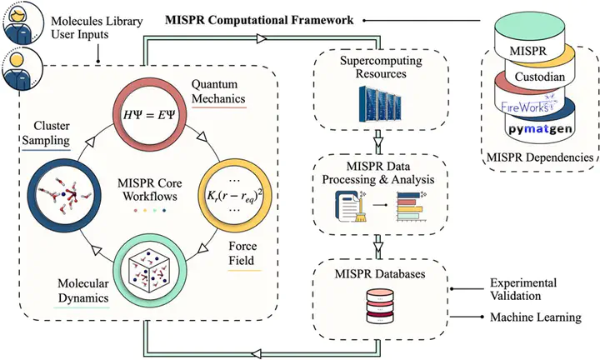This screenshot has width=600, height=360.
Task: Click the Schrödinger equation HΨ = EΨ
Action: pyautogui.click(x=149, y=114)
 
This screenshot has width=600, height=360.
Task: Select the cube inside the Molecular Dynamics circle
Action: pyautogui.click(x=149, y=272)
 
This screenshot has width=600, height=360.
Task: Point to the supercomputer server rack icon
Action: pyautogui.click(x=380, y=103)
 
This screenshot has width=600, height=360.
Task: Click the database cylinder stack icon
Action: pyautogui.click(x=380, y=306)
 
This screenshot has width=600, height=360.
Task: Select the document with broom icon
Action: pyautogui.click(x=351, y=206)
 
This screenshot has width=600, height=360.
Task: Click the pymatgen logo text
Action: pyautogui.click(x=540, y=129)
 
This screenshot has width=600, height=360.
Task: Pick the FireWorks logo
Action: pyautogui.click(x=529, y=104)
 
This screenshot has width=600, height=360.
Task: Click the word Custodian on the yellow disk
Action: pyautogui.click(x=539, y=77)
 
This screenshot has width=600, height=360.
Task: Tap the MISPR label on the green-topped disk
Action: pyautogui.click(x=528, y=51)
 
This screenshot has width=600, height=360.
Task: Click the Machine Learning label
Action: pyautogui.click(x=536, y=317)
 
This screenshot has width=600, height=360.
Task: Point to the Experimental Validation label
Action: pyautogui.click(x=523, y=289)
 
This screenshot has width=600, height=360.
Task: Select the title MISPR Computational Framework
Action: pyautogui.click(x=259, y=20)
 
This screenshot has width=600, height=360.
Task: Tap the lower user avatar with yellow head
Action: pyautogui.click(x=21, y=69)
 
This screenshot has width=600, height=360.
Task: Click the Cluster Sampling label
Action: pyautogui.click(x=46, y=133)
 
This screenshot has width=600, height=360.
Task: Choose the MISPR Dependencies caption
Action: pyautogui.click(x=539, y=157)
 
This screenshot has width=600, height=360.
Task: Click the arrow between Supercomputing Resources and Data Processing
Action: pyautogui.click(x=378, y=142)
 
